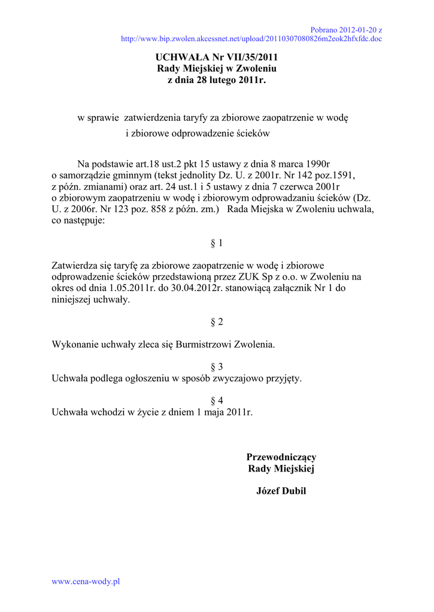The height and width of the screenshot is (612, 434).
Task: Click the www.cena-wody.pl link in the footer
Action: (86, 581)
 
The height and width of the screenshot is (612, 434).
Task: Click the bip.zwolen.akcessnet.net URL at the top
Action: (251, 39)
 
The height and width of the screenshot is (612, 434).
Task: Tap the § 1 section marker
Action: (217, 243)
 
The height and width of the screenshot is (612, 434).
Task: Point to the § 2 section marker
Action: (217, 322)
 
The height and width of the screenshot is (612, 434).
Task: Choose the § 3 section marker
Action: (217, 366)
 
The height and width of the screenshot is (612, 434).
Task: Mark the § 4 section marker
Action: (217, 400)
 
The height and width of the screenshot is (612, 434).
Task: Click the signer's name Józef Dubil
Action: (281, 491)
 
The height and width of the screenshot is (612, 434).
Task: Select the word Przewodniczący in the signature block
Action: (281, 457)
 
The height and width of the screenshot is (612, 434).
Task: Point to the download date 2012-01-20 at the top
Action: (358, 29)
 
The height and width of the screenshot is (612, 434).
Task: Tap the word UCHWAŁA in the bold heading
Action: (180, 57)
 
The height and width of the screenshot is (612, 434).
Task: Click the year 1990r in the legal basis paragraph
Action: (318, 164)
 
